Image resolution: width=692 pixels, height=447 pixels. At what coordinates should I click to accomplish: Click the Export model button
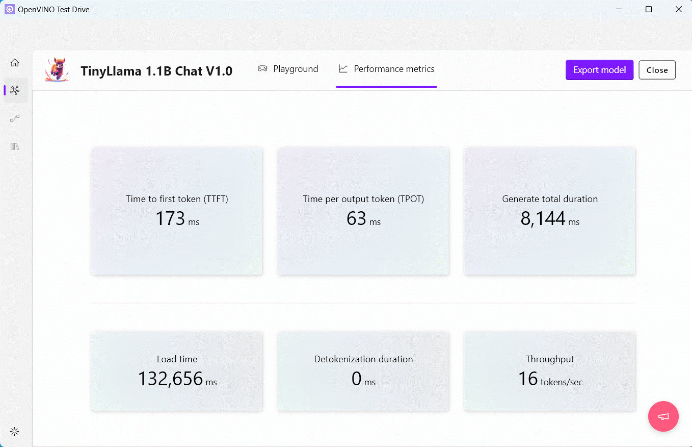tap(599, 70)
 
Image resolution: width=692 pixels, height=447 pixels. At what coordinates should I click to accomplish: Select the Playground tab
tap(288, 69)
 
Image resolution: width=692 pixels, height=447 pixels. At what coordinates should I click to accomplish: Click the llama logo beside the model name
tap(57, 69)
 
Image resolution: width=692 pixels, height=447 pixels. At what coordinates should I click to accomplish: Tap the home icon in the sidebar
tap(15, 62)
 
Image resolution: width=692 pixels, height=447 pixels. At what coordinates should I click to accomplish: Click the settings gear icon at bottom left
tap(15, 431)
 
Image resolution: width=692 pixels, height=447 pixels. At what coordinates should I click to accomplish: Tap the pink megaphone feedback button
tap(663, 416)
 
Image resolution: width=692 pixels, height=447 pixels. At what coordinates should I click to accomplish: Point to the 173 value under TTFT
tap(170, 218)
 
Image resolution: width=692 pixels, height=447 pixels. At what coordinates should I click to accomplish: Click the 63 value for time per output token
tap(357, 218)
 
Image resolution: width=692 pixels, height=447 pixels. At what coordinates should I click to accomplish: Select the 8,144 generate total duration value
tap(543, 218)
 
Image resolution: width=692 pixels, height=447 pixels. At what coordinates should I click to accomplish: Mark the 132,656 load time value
tap(170, 379)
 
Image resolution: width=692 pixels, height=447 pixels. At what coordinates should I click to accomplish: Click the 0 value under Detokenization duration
tap(357, 379)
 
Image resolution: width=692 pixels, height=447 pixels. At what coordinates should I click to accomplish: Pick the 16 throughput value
tap(528, 379)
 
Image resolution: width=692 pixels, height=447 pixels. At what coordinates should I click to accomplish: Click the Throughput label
tap(550, 359)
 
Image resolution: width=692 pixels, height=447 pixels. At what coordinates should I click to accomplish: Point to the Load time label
tap(177, 359)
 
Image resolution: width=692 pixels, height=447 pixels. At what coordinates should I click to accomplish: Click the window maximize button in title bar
tap(649, 9)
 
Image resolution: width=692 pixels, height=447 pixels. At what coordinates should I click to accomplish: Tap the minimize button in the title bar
tap(619, 9)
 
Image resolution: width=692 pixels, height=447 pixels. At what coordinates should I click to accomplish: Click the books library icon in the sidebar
tap(15, 146)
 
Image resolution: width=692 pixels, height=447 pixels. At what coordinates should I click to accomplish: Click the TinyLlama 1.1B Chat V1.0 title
tap(156, 71)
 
